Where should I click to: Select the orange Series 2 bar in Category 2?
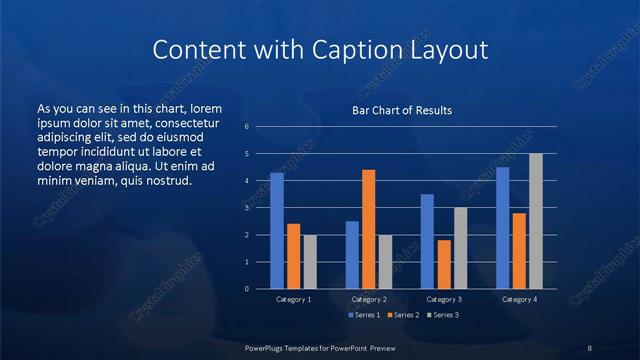(369, 229)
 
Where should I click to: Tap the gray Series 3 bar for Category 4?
(536, 221)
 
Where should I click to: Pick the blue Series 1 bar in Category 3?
(427, 241)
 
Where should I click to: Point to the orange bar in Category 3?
(444, 264)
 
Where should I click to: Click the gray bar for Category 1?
(310, 262)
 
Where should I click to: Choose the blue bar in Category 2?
(352, 255)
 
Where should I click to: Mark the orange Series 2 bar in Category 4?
(519, 251)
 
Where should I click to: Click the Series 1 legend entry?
(363, 315)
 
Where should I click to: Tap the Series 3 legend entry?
(442, 315)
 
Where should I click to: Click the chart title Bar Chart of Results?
(402, 110)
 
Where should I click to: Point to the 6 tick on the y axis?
(247, 127)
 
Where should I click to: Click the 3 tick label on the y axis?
(247, 208)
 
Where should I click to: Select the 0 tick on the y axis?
(247, 289)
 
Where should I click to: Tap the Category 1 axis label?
(293, 299)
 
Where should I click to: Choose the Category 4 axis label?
(519, 299)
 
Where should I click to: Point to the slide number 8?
(589, 346)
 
